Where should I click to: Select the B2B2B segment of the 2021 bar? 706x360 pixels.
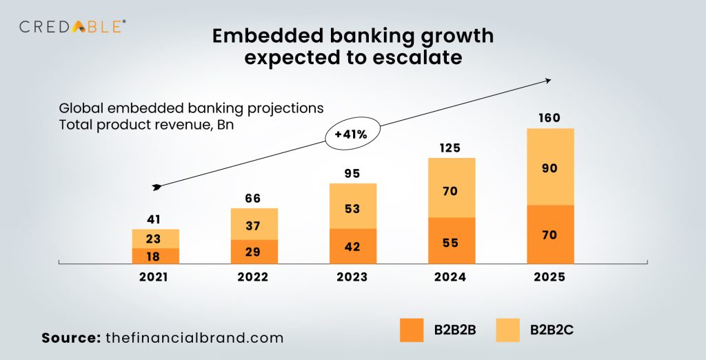156,255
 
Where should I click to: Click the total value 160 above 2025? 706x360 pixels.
549,118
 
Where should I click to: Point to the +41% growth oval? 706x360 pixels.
351,135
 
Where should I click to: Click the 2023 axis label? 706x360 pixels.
353,277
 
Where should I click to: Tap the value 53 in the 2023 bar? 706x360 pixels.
353,209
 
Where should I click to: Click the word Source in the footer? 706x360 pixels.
70,338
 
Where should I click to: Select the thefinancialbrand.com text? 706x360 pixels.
195,338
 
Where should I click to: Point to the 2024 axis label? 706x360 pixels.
452,277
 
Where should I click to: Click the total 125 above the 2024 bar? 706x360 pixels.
452,148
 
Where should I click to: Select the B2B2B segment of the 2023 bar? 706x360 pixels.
353,246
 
